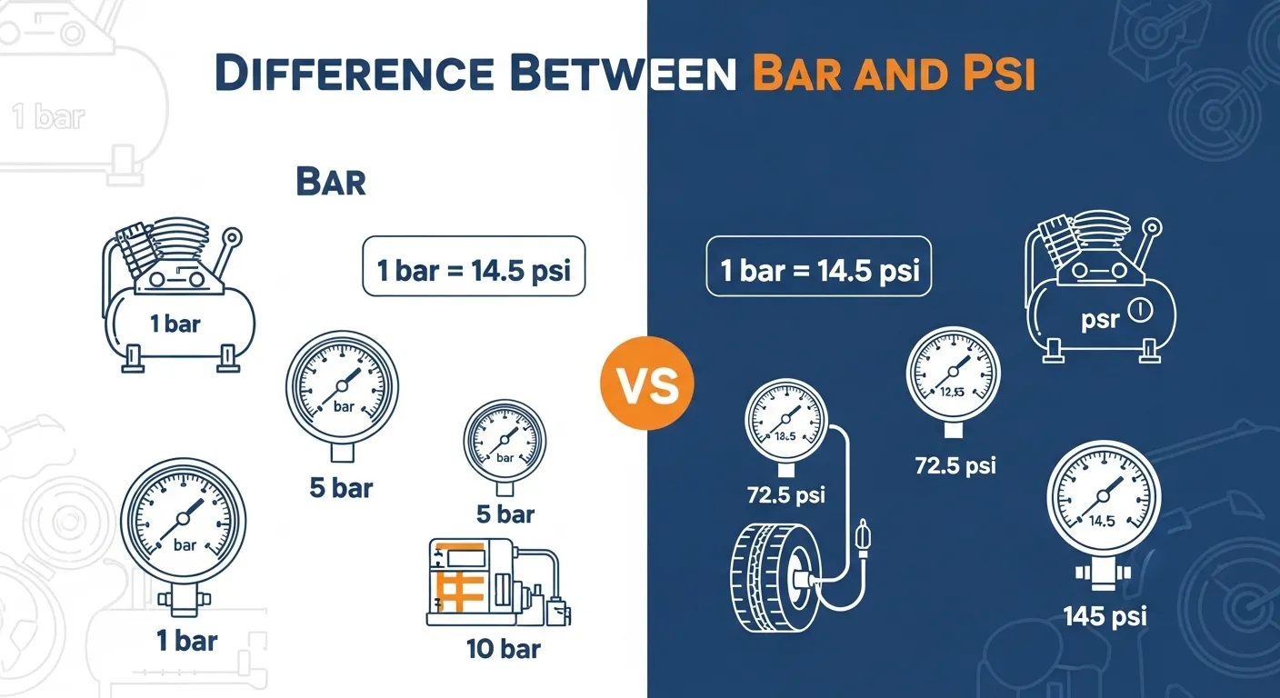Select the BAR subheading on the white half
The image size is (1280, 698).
pos(331,182)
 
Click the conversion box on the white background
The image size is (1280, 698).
pos(474,266)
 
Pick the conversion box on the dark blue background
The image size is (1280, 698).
pos(818,268)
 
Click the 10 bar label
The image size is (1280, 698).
pos(503,649)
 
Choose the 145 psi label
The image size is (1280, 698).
pos(1105,616)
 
